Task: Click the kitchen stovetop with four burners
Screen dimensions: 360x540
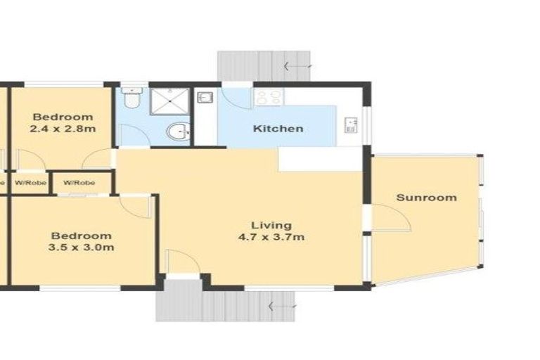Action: tap(268, 97)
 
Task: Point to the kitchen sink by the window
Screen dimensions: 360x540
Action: tap(351, 126)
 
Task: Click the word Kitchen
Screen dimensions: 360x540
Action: tap(278, 129)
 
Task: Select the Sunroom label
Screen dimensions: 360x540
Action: tap(426, 198)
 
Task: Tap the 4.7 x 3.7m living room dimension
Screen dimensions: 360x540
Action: tap(271, 237)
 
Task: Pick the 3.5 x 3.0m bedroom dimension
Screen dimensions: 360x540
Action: tap(81, 247)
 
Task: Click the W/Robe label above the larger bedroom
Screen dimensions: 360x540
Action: tap(79, 183)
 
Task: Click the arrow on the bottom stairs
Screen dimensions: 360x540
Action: tap(280, 307)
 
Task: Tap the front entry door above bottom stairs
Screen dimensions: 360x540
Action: tap(181, 264)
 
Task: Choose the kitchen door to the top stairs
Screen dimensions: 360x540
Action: tap(236, 98)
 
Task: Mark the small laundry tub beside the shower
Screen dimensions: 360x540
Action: tap(204, 98)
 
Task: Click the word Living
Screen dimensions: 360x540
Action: tap(271, 225)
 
